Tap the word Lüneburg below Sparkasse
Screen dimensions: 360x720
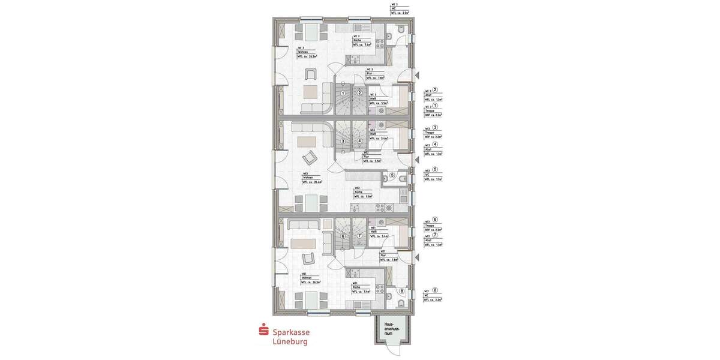coord(290,342)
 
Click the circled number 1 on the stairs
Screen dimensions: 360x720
coord(343,93)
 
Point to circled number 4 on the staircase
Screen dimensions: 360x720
coord(359,141)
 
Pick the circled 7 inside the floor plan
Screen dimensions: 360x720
coord(359,236)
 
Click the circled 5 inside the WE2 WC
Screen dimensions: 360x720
coord(392,176)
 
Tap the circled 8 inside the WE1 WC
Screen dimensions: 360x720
coord(402,292)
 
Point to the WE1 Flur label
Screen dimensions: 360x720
coord(388,256)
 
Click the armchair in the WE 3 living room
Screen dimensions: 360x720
coord(311,74)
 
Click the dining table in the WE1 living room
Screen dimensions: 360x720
coord(311,300)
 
